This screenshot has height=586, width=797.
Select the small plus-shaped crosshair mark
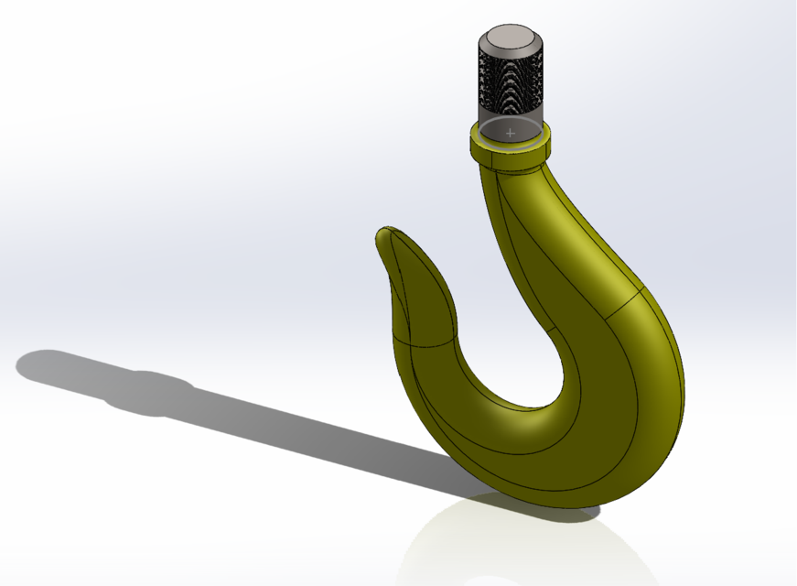(511, 134)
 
